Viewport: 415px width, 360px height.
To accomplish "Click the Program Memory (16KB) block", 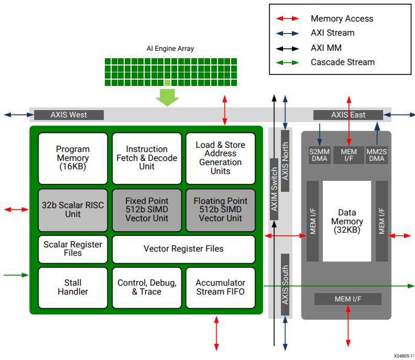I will [73, 158].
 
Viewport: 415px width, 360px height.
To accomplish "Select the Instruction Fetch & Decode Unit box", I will [147, 158].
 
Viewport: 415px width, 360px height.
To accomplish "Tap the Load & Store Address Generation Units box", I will [220, 158].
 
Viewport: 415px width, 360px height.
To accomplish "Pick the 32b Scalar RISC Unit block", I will [73, 210].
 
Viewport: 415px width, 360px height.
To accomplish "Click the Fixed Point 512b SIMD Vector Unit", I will [147, 210].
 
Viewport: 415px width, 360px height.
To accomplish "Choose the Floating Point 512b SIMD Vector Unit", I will [220, 210].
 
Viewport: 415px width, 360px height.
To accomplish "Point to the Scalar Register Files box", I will [73, 249].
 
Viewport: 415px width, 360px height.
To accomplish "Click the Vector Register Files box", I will [183, 249].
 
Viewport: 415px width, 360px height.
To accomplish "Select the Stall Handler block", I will [73, 287].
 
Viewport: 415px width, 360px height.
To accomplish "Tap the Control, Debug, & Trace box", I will [147, 287].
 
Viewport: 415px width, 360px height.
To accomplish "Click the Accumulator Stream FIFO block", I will [220, 287].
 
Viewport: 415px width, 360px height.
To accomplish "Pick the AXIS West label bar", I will [69, 115].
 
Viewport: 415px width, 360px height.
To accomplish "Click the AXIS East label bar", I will [348, 115].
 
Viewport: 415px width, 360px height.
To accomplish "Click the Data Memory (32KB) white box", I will [347, 222].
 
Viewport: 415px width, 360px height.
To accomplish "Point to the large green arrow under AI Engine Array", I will [167, 97].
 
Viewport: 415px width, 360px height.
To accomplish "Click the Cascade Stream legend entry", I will [343, 62].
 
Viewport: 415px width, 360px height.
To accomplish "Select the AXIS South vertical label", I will [286, 285].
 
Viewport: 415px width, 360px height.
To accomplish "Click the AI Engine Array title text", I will [170, 49].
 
